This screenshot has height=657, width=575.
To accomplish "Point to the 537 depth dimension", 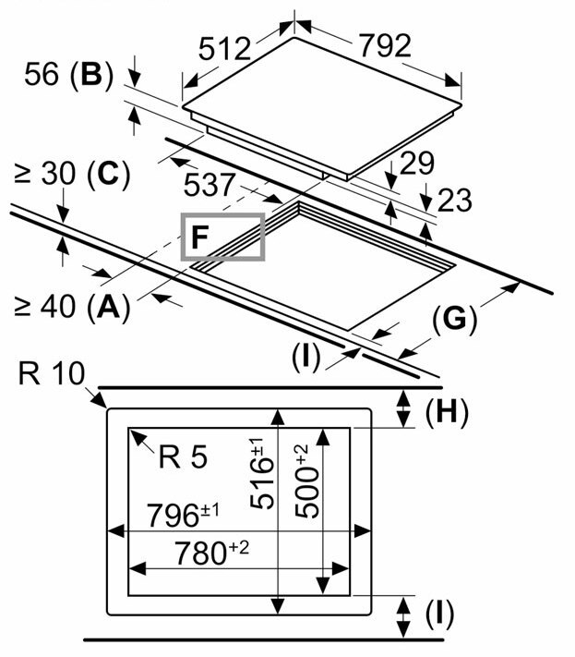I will point(209,185).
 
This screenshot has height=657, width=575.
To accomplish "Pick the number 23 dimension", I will point(454,200).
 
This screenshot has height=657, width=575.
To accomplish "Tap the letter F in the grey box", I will point(199,238).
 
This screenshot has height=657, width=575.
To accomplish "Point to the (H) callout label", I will point(447,413).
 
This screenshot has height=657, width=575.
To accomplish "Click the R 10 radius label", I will point(52,374).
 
